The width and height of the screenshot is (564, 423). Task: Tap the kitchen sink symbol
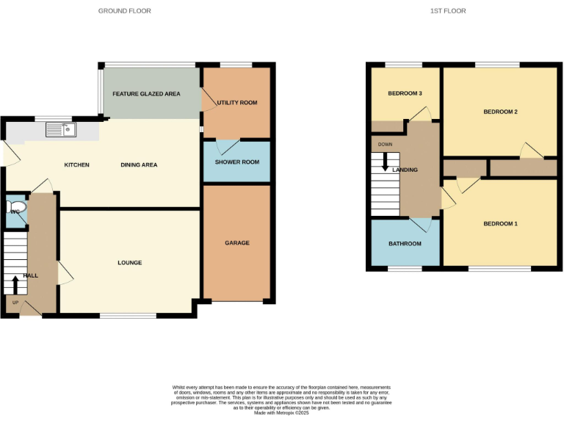click(61, 130)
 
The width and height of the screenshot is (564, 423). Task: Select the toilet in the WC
click(18, 209)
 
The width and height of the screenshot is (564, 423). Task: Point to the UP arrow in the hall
click(15, 283)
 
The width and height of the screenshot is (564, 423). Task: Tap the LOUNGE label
click(129, 263)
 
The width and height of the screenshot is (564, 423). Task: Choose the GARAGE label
click(237, 243)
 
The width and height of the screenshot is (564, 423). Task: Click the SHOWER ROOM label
click(236, 162)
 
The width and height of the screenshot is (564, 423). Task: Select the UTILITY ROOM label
click(237, 103)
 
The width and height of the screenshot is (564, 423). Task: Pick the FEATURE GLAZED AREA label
click(146, 94)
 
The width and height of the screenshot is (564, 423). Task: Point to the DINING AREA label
click(139, 165)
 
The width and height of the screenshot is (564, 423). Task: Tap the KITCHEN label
click(76, 165)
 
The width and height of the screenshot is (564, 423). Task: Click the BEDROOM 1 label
click(500, 223)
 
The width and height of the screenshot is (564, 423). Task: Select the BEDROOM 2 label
click(500, 112)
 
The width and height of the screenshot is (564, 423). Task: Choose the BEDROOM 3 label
click(405, 94)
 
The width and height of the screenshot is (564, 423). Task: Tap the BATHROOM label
click(405, 244)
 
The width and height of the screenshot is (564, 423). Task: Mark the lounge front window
click(128, 317)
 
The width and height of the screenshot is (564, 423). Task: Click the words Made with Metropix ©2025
click(281, 413)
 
